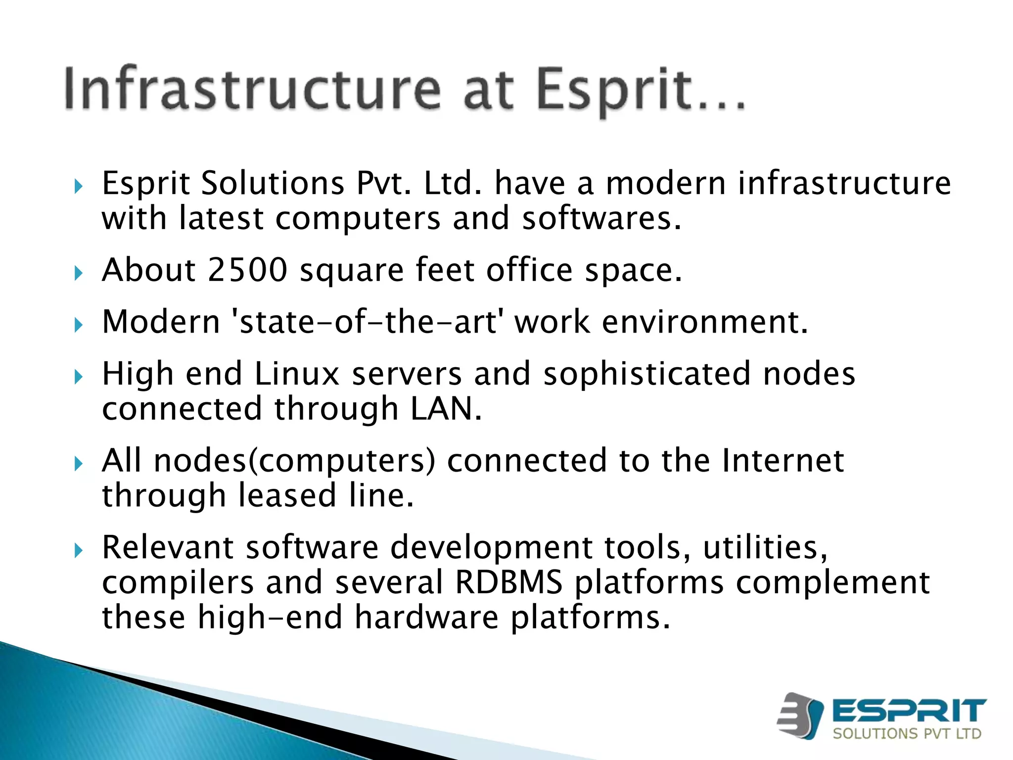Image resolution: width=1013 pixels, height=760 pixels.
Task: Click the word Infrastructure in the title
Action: [x=252, y=89]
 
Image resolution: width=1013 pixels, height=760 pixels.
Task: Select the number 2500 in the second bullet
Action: [x=247, y=270]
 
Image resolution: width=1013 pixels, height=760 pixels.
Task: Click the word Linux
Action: [x=296, y=374]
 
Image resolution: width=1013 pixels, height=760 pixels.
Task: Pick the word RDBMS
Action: [x=508, y=582]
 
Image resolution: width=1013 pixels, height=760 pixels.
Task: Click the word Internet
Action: [x=783, y=461]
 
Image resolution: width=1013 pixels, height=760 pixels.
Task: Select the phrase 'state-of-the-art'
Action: [x=367, y=322]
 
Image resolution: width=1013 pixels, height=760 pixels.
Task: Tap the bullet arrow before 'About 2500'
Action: [x=78, y=273]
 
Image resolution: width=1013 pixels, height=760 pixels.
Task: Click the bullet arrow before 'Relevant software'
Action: [x=78, y=550]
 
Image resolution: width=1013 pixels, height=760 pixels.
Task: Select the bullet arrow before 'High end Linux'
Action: [x=78, y=377]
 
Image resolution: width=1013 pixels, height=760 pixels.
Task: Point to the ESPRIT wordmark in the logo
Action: [x=909, y=711]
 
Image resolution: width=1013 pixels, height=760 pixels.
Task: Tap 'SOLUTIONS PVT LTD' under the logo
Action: [x=907, y=733]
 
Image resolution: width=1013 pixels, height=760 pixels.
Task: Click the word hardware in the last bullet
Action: [x=426, y=618]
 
